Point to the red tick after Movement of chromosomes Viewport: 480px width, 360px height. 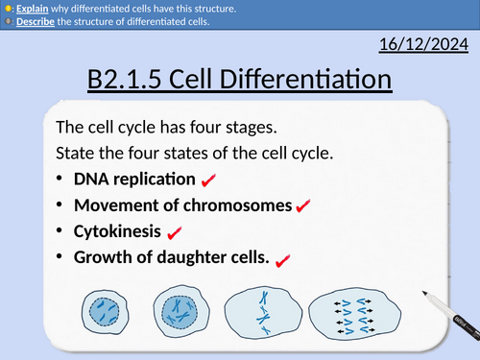click(x=302, y=205)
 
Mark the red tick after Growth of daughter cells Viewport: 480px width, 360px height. click(x=282, y=259)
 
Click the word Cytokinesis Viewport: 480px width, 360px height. click(x=117, y=231)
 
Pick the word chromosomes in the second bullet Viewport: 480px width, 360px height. click(x=246, y=204)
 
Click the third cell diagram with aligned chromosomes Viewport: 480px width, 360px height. click(x=261, y=313)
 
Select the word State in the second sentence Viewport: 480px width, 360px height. click(x=75, y=153)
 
